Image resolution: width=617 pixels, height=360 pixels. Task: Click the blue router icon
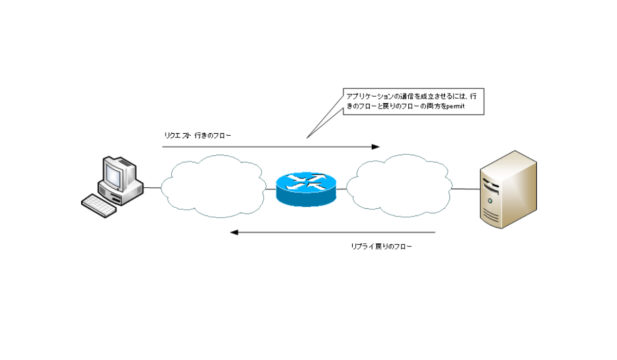pos(305,189)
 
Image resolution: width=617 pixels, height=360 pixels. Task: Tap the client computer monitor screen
pos(114,174)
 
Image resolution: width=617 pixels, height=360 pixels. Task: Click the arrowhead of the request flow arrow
pos(375,147)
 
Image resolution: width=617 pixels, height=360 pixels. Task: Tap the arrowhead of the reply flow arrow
pos(234,232)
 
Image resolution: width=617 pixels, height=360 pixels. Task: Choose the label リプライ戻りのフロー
pos(382,247)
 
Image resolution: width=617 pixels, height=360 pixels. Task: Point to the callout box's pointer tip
pos(307,138)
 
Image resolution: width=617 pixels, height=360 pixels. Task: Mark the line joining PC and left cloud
pos(152,188)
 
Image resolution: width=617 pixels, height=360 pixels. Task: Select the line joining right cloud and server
pos(465,189)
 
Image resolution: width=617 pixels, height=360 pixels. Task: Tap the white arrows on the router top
pos(305,182)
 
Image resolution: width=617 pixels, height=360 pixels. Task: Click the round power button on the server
pos(491,200)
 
